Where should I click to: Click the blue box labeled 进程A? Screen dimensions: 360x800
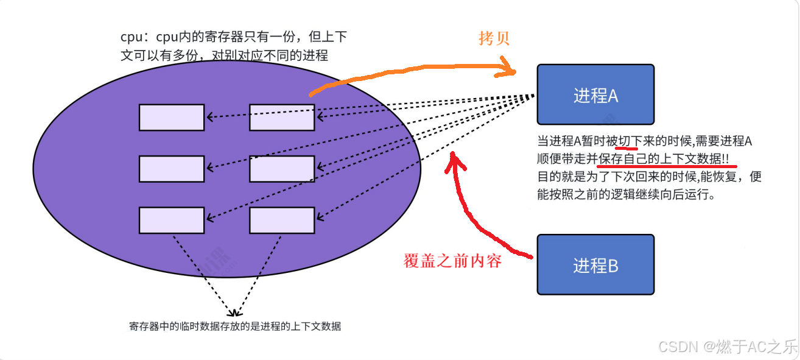pyautogui.click(x=595, y=94)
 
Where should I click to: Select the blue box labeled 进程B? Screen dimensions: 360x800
pyautogui.click(x=595, y=265)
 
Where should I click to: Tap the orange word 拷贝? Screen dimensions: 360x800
pyautogui.click(x=494, y=38)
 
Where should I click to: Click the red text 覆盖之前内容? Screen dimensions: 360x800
pyautogui.click(x=452, y=261)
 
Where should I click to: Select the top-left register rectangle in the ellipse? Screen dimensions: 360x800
pyautogui.click(x=171, y=118)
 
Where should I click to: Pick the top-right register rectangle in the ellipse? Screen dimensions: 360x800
pyautogui.click(x=281, y=118)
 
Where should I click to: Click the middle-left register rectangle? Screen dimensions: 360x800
pyautogui.click(x=171, y=169)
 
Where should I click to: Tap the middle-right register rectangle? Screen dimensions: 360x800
pyautogui.click(x=281, y=169)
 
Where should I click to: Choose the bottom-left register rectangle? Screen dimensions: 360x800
pyautogui.click(x=171, y=221)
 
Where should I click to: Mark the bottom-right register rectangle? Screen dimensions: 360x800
pyautogui.click(x=281, y=221)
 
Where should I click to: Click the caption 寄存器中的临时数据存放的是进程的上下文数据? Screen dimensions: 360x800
pyautogui.click(x=235, y=326)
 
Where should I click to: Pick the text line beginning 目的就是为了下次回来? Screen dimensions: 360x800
pyautogui.click(x=649, y=177)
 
